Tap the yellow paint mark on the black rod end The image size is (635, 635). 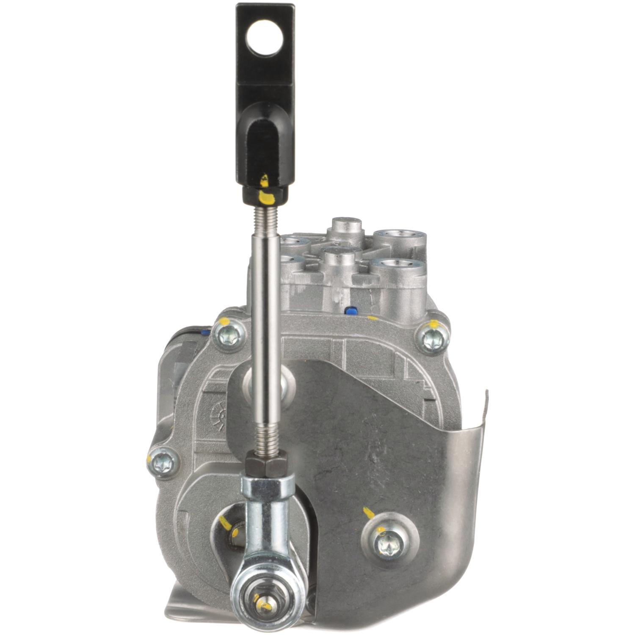click(x=265, y=196)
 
